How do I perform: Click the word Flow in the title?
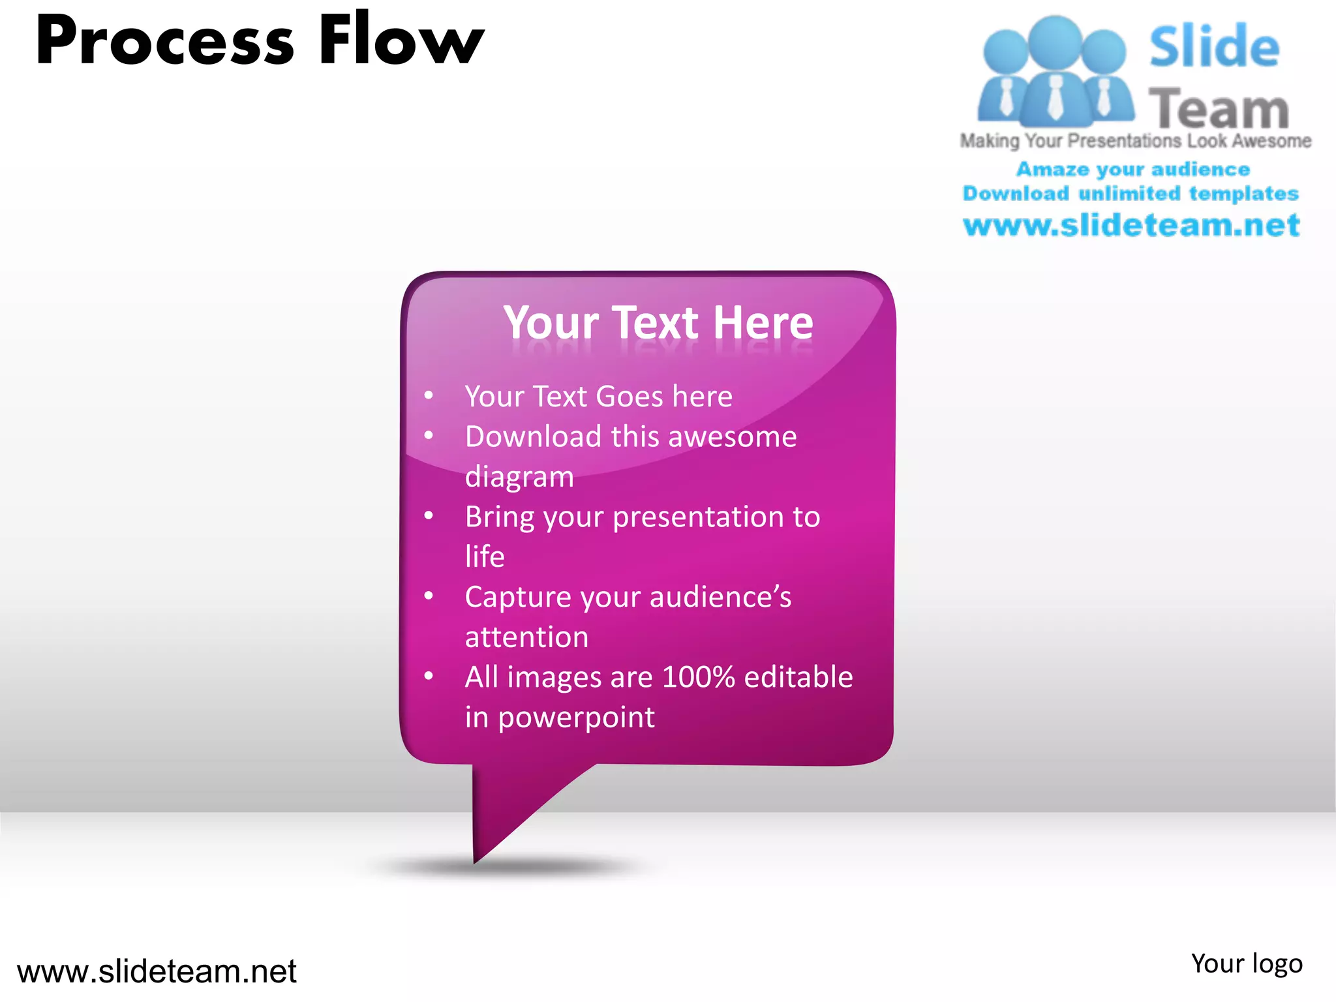click(401, 40)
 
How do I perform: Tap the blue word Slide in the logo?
click(1213, 47)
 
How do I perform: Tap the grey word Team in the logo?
click(1219, 108)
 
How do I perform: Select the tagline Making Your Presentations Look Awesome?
click(1135, 141)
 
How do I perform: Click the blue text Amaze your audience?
click(1133, 170)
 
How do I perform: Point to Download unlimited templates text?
click(1131, 194)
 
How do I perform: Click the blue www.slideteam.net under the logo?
click(1131, 226)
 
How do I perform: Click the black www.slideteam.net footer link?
click(157, 971)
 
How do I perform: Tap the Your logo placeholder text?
click(1246, 964)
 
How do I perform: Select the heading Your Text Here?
click(658, 323)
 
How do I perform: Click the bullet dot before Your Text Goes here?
click(429, 395)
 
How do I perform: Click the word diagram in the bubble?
click(519, 477)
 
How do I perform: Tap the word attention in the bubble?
click(526, 637)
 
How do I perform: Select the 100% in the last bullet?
click(699, 677)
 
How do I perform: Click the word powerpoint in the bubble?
click(576, 718)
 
